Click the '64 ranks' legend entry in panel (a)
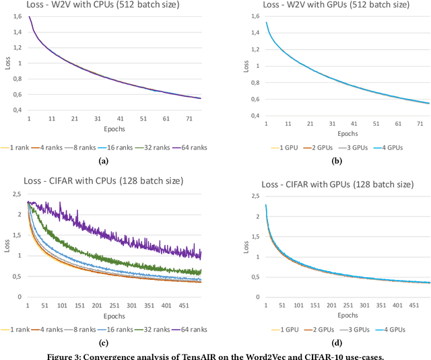[x=190, y=146]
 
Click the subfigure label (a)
[x=103, y=160]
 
